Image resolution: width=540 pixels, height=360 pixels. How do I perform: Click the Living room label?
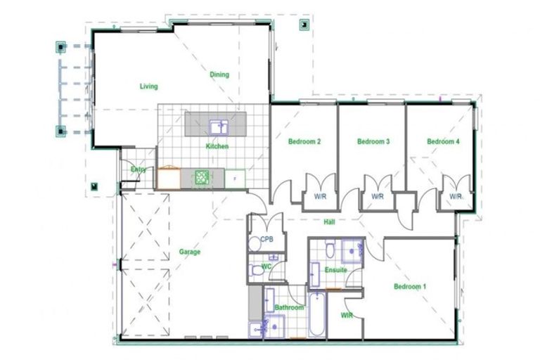point(148,86)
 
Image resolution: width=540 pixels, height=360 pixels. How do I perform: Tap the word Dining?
point(219,75)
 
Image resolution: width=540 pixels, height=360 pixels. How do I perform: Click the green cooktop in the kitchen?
point(202,178)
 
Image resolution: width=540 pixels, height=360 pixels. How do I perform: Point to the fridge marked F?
point(234,179)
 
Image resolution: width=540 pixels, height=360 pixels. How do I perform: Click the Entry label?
point(138,169)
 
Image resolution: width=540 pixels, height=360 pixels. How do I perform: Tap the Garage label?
point(189,252)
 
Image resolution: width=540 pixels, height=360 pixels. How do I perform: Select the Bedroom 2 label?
point(304,141)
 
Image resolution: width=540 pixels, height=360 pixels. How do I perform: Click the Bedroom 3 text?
point(373,141)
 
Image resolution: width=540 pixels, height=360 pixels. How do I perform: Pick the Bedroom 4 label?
point(443,141)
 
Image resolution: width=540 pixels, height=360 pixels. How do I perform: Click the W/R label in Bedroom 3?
point(378,197)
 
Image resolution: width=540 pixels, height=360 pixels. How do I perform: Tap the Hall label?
point(328,222)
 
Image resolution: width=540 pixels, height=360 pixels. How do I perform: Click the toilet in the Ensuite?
point(315,271)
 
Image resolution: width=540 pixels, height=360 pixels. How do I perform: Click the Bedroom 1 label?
point(409,286)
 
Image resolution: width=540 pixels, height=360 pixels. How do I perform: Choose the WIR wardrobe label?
point(347,316)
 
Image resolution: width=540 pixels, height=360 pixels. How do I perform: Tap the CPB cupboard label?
point(266,239)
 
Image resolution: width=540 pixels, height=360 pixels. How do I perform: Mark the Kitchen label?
point(217,146)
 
